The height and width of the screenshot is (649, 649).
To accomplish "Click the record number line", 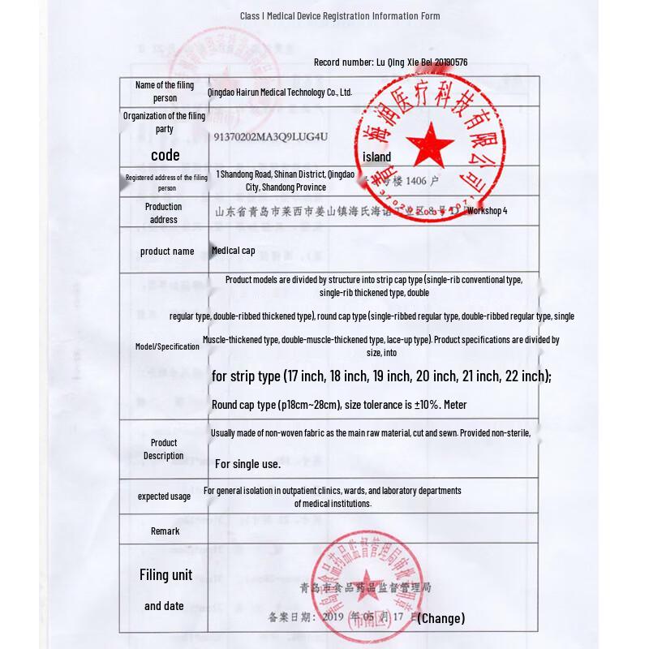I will pyautogui.click(x=390, y=62).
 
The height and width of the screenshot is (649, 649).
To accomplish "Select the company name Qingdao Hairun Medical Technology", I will pyautogui.click(x=280, y=92).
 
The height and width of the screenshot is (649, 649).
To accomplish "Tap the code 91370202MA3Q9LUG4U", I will pyautogui.click(x=270, y=137).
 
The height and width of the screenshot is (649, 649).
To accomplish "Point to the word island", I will pyautogui.click(x=376, y=157).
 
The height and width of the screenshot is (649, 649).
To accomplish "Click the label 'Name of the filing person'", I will pyautogui.click(x=165, y=91).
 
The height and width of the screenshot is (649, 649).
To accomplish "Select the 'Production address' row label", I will pyautogui.click(x=164, y=213).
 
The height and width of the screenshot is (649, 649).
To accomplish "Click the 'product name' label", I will pyautogui.click(x=167, y=251).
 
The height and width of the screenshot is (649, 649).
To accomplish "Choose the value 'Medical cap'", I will pyautogui.click(x=234, y=251).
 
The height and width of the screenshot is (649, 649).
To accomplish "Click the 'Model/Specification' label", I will pyautogui.click(x=167, y=346).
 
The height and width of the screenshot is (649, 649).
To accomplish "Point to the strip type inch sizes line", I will pyautogui.click(x=381, y=376).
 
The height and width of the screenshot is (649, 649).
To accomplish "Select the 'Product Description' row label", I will pyautogui.click(x=164, y=449).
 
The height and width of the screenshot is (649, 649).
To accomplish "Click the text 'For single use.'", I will pyautogui.click(x=247, y=464).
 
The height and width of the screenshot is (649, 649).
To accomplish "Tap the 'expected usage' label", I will pyautogui.click(x=164, y=496).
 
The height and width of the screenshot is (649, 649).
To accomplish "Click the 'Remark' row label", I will pyautogui.click(x=165, y=531).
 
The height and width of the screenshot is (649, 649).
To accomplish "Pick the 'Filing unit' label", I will pyautogui.click(x=165, y=575).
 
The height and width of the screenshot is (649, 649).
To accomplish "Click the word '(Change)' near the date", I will pyautogui.click(x=441, y=618).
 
